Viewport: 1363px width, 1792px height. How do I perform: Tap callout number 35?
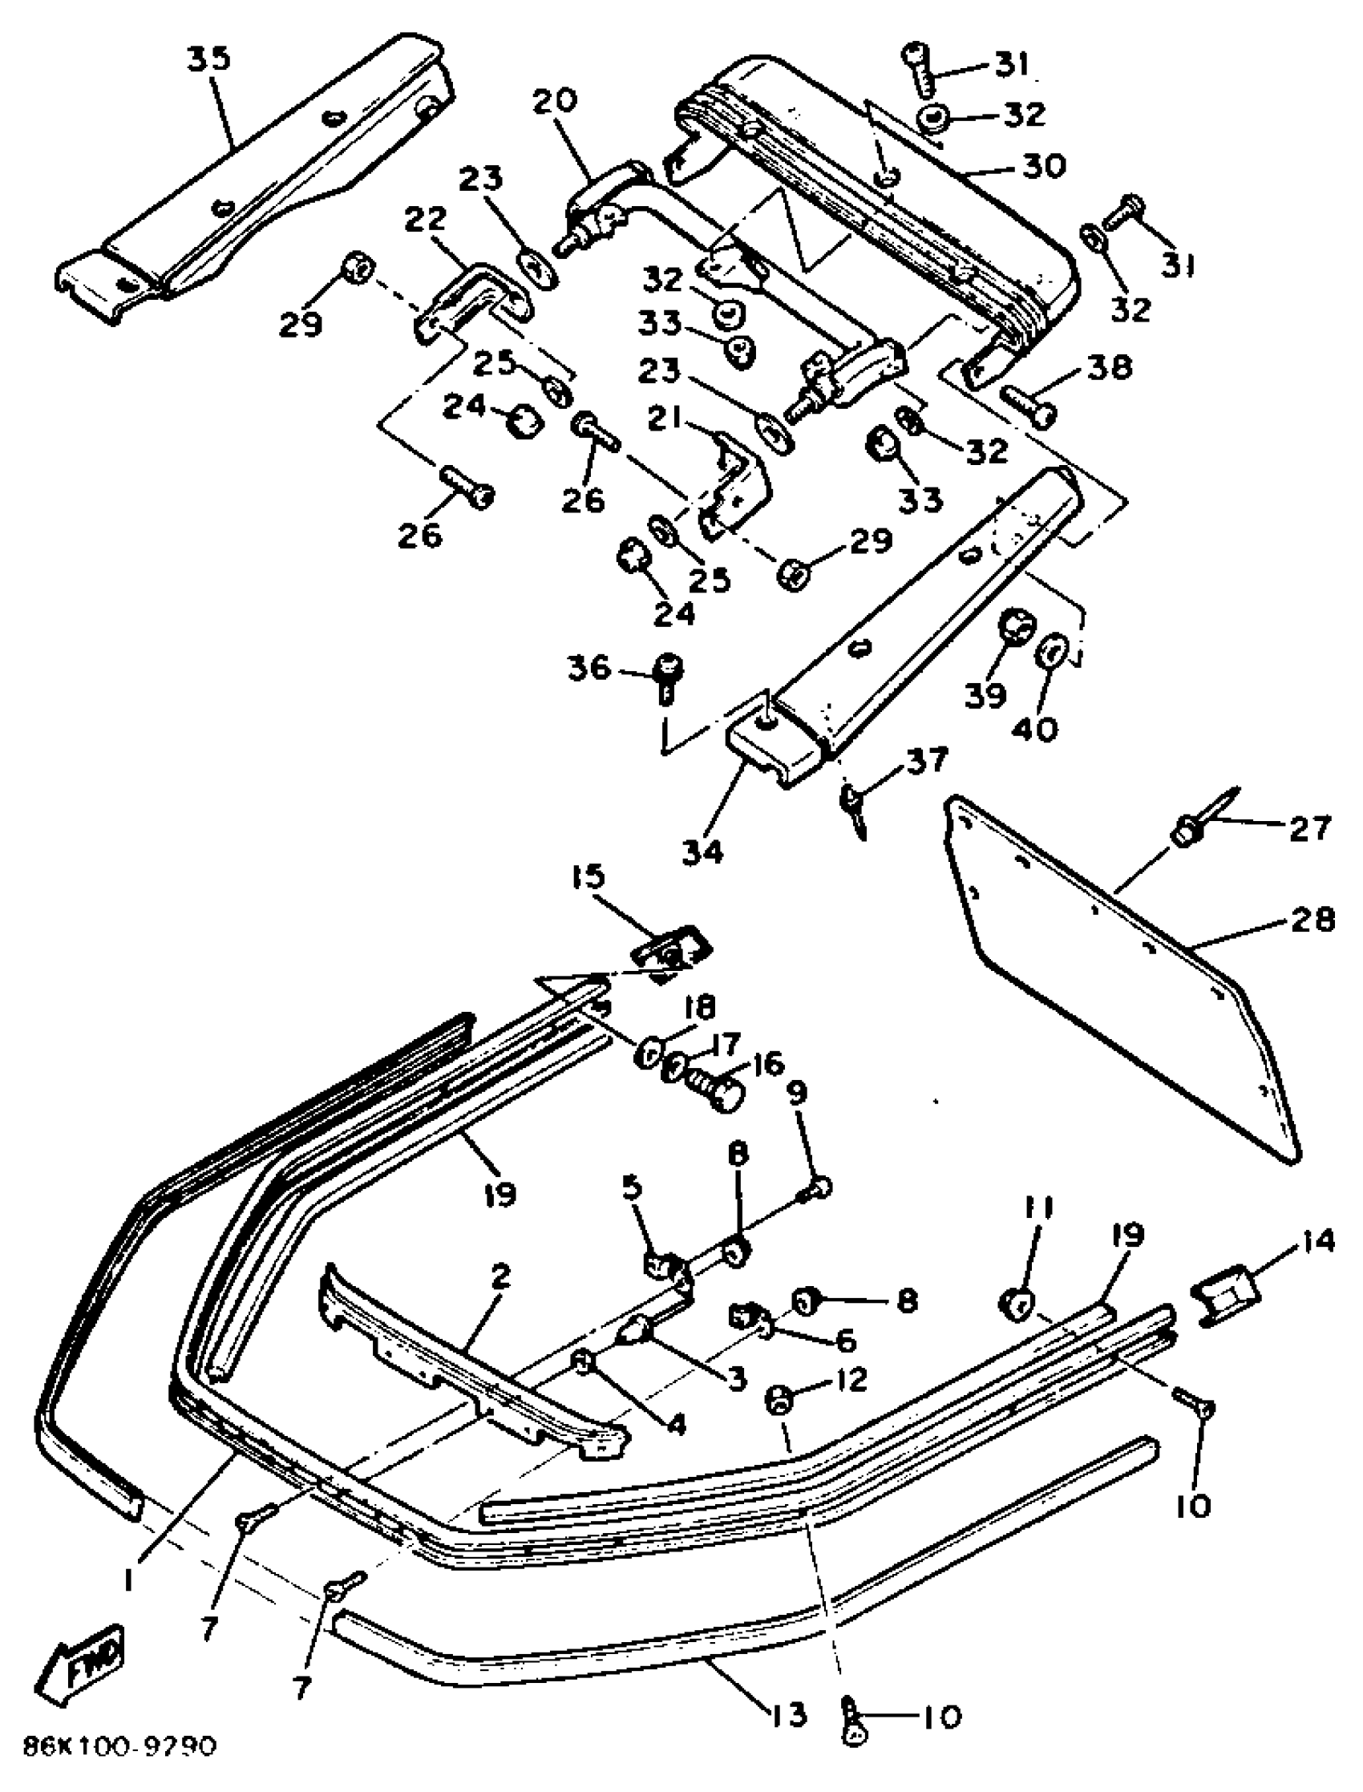pyautogui.click(x=209, y=59)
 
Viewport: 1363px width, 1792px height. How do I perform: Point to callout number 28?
pyautogui.click(x=1310, y=920)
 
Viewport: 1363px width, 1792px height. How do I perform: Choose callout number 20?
pyautogui.click(x=555, y=101)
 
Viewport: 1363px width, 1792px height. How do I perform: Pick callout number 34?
pyautogui.click(x=702, y=852)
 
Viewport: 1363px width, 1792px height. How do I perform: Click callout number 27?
pyautogui.click(x=1309, y=827)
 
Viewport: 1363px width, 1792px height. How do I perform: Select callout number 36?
pyautogui.click(x=611, y=668)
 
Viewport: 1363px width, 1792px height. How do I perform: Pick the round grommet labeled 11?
pyautogui.click(x=1016, y=1302)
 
